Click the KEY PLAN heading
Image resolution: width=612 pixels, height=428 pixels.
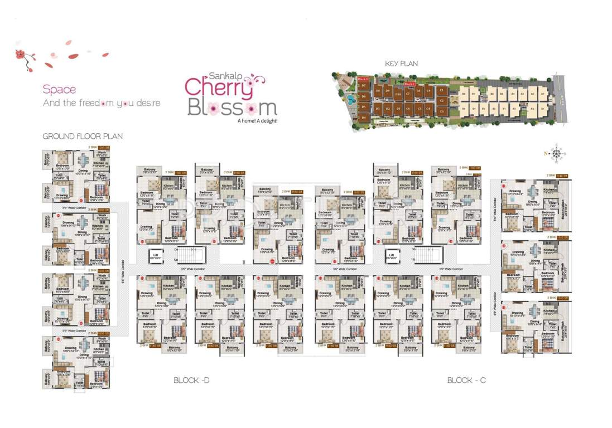[x=401, y=64]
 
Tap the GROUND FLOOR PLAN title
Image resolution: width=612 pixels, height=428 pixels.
[x=83, y=136]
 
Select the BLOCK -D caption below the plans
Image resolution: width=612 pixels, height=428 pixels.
[x=191, y=380]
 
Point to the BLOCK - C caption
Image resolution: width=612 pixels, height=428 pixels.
[x=466, y=380]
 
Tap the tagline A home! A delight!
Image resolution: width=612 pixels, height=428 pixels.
[x=257, y=120]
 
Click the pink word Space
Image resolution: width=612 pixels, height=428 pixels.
[x=59, y=89]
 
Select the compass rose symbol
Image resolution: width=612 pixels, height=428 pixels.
[x=556, y=153]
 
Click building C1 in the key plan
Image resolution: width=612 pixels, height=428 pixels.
[x=441, y=90]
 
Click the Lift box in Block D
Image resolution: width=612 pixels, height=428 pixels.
[x=156, y=256]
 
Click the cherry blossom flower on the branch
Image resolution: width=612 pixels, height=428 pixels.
[x=21, y=54]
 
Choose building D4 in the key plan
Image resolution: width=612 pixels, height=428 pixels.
[x=363, y=117]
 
